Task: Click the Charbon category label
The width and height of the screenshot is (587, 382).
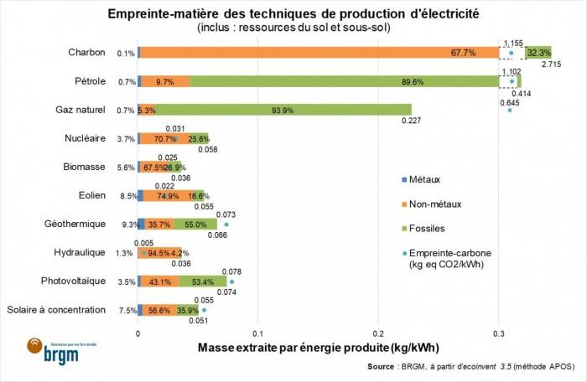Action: [86, 53]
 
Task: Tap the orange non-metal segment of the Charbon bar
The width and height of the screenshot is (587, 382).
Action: [319, 53]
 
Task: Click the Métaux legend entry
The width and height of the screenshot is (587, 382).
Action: [423, 179]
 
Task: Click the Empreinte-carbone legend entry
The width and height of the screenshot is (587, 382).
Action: [453, 252]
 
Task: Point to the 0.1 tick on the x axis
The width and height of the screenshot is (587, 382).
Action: [258, 333]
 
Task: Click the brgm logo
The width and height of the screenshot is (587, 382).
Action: [46, 353]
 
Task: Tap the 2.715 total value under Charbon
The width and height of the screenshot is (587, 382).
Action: [551, 65]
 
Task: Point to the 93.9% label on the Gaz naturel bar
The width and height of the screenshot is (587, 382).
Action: [276, 110]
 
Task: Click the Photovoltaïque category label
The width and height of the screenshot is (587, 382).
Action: [75, 281]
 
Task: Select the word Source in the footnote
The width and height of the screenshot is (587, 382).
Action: [382, 367]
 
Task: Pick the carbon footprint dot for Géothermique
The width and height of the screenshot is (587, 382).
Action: [226, 225]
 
